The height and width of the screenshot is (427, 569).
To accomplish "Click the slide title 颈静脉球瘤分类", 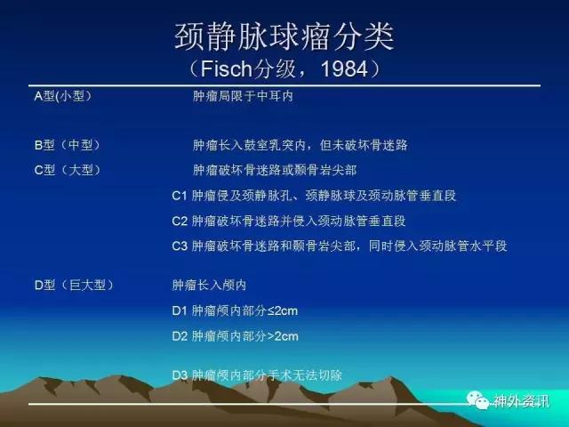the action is point(284,36).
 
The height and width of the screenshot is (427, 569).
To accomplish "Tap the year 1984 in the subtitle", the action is point(344,68).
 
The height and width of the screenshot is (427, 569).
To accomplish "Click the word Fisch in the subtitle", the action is point(226,68).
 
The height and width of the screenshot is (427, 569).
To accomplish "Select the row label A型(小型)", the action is point(63,96).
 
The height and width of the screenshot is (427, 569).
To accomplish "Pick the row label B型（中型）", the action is point(68,145).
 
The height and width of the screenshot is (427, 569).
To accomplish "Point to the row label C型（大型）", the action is point(68,170).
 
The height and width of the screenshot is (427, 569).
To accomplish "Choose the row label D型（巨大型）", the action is point(74,285).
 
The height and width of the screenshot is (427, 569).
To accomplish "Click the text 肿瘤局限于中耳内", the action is point(243,96).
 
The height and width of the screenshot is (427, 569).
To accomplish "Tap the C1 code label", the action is point(180,196).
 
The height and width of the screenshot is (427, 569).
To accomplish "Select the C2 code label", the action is point(180,222).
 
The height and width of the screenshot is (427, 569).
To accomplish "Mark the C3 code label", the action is point(180,246).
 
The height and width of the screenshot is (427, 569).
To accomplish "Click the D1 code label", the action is point(180,311).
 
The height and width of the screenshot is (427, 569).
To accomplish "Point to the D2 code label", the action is point(180,336).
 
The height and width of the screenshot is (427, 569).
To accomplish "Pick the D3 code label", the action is point(180,375).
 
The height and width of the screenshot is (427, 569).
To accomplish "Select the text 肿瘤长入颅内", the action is point(209,285).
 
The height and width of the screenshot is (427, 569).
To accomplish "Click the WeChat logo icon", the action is point(477,400).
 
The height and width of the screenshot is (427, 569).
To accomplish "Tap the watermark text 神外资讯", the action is point(521,401).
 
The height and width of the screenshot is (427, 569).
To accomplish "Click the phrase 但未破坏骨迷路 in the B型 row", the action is point(364,145).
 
